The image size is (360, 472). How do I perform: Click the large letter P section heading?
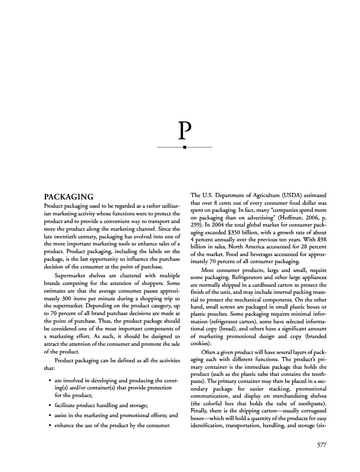tap(185, 129)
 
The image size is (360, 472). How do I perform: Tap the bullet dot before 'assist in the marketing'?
tap(48, 415)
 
